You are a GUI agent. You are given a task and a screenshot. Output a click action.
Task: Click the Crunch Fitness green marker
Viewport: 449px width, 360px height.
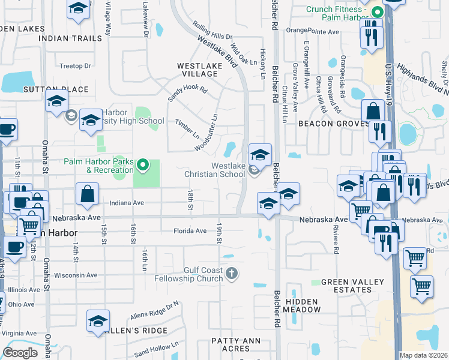point(377,12)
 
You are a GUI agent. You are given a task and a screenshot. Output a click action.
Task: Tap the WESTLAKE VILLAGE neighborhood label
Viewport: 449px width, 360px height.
point(196,69)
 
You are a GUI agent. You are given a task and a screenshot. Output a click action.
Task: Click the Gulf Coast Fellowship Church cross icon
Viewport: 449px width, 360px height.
point(232,274)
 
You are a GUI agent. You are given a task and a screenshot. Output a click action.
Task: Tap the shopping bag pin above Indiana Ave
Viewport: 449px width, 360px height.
point(87,194)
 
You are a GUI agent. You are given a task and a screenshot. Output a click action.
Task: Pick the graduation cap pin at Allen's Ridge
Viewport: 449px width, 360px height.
point(98,320)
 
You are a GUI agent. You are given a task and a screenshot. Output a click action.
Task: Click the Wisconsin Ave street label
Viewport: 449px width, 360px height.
point(76,275)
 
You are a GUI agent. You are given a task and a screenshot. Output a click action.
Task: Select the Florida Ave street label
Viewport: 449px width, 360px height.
point(190,230)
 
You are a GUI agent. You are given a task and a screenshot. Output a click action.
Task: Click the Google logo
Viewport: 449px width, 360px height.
point(20,353)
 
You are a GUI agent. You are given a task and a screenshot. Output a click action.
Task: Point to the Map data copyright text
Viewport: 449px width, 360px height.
point(423,355)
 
